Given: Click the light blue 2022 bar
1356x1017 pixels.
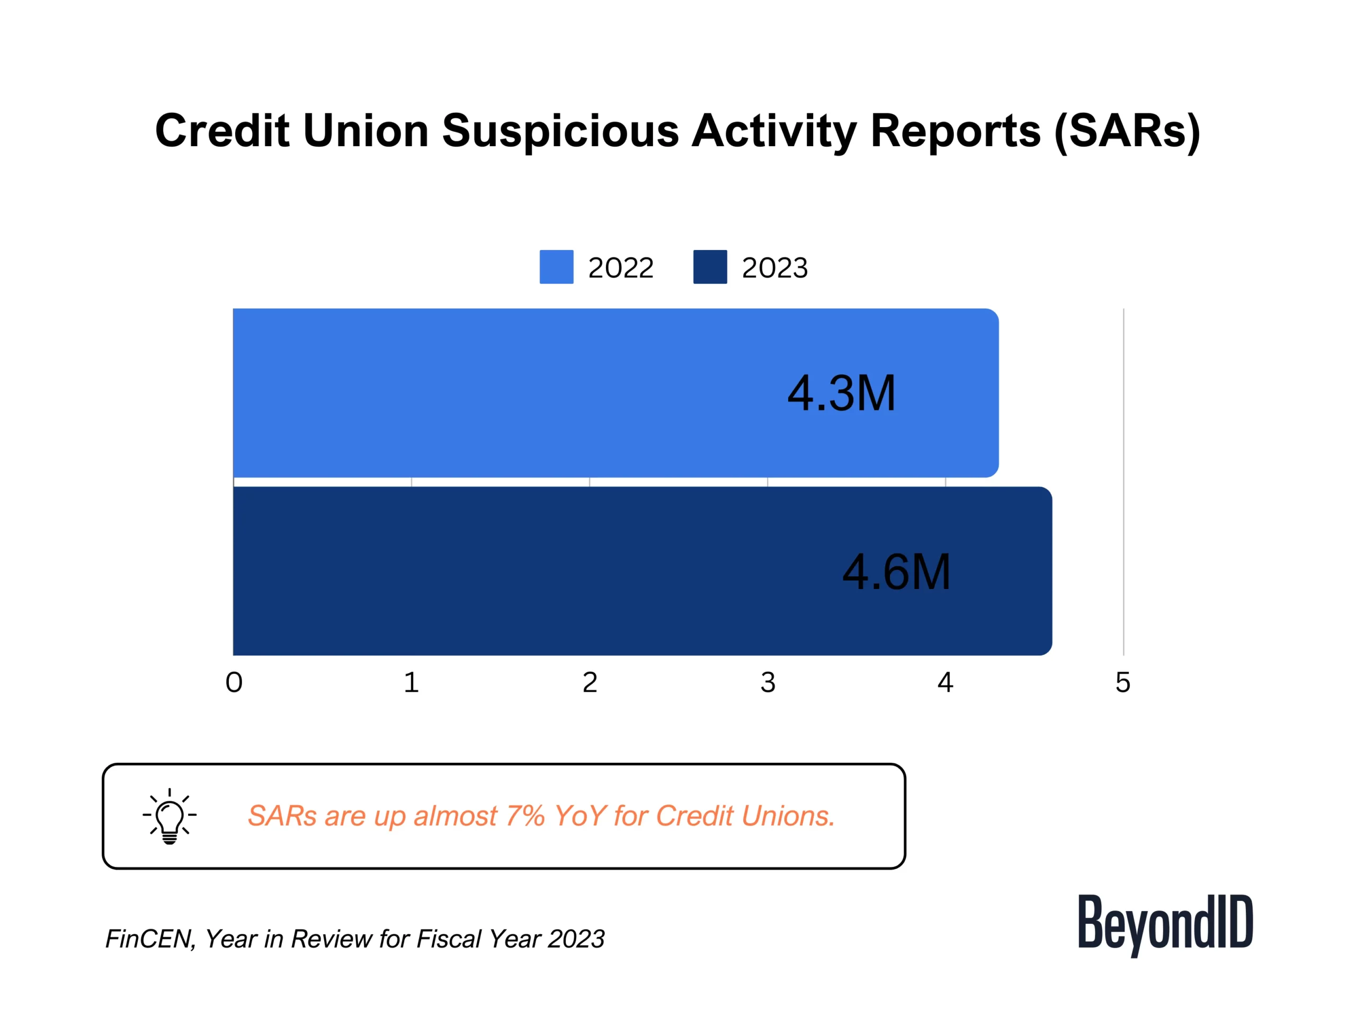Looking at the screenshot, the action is click(615, 393).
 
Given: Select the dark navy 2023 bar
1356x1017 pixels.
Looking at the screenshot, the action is click(643, 570).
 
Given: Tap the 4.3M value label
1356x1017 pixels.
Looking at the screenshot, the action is click(841, 393).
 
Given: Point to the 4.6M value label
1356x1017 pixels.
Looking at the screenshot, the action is click(896, 572).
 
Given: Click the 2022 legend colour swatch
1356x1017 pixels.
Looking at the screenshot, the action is click(557, 266).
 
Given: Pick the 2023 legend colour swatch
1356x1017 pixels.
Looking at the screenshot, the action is click(710, 266).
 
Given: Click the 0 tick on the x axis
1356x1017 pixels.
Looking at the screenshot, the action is click(234, 682).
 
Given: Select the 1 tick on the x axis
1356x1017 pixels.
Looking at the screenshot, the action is click(412, 682).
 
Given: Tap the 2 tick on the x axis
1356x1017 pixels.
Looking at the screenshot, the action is click(590, 682).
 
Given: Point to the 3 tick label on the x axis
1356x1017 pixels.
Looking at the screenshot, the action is click(768, 682).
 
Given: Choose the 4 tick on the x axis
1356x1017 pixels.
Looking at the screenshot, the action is click(945, 682).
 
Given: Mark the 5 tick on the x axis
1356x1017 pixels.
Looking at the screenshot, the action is click(1123, 682).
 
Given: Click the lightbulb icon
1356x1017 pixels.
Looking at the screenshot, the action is click(170, 816).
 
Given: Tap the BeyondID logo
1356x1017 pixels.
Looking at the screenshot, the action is click(1165, 924).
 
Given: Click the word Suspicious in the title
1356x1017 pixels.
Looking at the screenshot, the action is click(560, 131).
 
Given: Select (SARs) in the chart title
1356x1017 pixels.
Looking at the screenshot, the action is click(1127, 131).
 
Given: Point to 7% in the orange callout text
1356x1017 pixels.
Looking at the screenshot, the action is click(525, 816).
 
